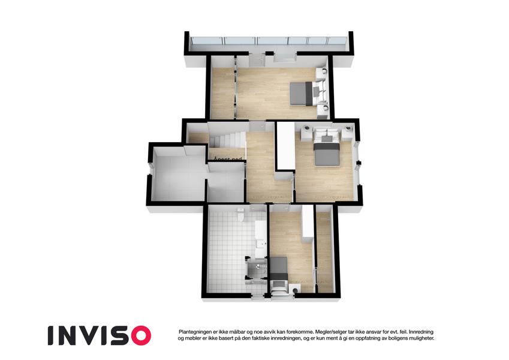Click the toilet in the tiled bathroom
(x=240, y=214)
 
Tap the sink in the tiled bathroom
(x=261, y=244)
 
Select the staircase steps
(x=227, y=140)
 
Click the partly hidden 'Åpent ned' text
(x=228, y=159)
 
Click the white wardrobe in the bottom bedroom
(x=307, y=224)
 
